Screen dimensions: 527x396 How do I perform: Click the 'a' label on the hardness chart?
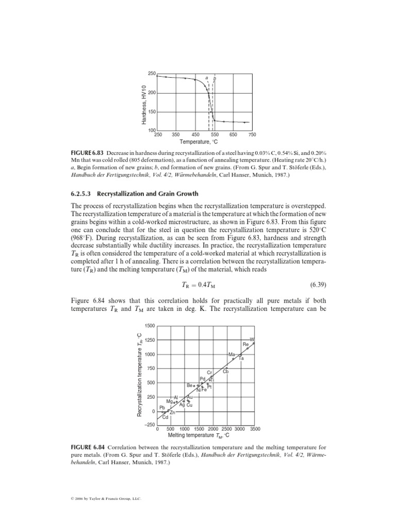pyautogui.click(x=207, y=79)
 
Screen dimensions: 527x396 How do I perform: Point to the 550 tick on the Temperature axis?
pyautogui.click(x=214, y=134)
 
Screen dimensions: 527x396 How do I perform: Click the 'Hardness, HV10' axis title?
pyautogui.click(x=144, y=104)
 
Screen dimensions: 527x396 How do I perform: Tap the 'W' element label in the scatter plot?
pyautogui.click(x=252, y=339)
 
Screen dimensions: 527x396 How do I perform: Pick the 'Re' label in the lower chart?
pyautogui.click(x=246, y=344)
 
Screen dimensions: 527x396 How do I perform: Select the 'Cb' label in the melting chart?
pyautogui.click(x=226, y=371)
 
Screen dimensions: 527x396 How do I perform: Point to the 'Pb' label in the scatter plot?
pyautogui.click(x=162, y=407)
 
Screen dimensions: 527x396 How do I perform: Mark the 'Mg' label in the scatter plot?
pyautogui.click(x=169, y=401)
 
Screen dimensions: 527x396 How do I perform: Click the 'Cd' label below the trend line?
pyautogui.click(x=166, y=417)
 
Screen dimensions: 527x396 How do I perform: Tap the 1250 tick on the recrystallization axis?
pyautogui.click(x=150, y=340)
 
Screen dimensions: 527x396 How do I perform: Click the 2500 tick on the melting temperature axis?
pyautogui.click(x=227, y=429)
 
